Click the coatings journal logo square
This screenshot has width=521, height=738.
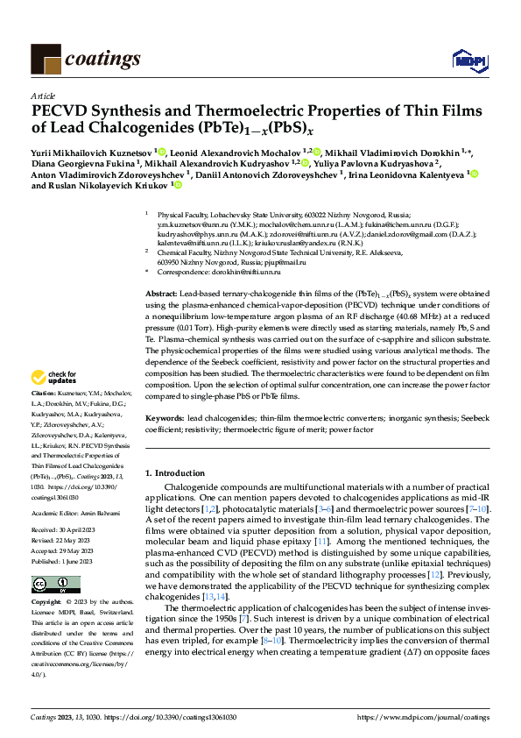(x=45, y=59)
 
